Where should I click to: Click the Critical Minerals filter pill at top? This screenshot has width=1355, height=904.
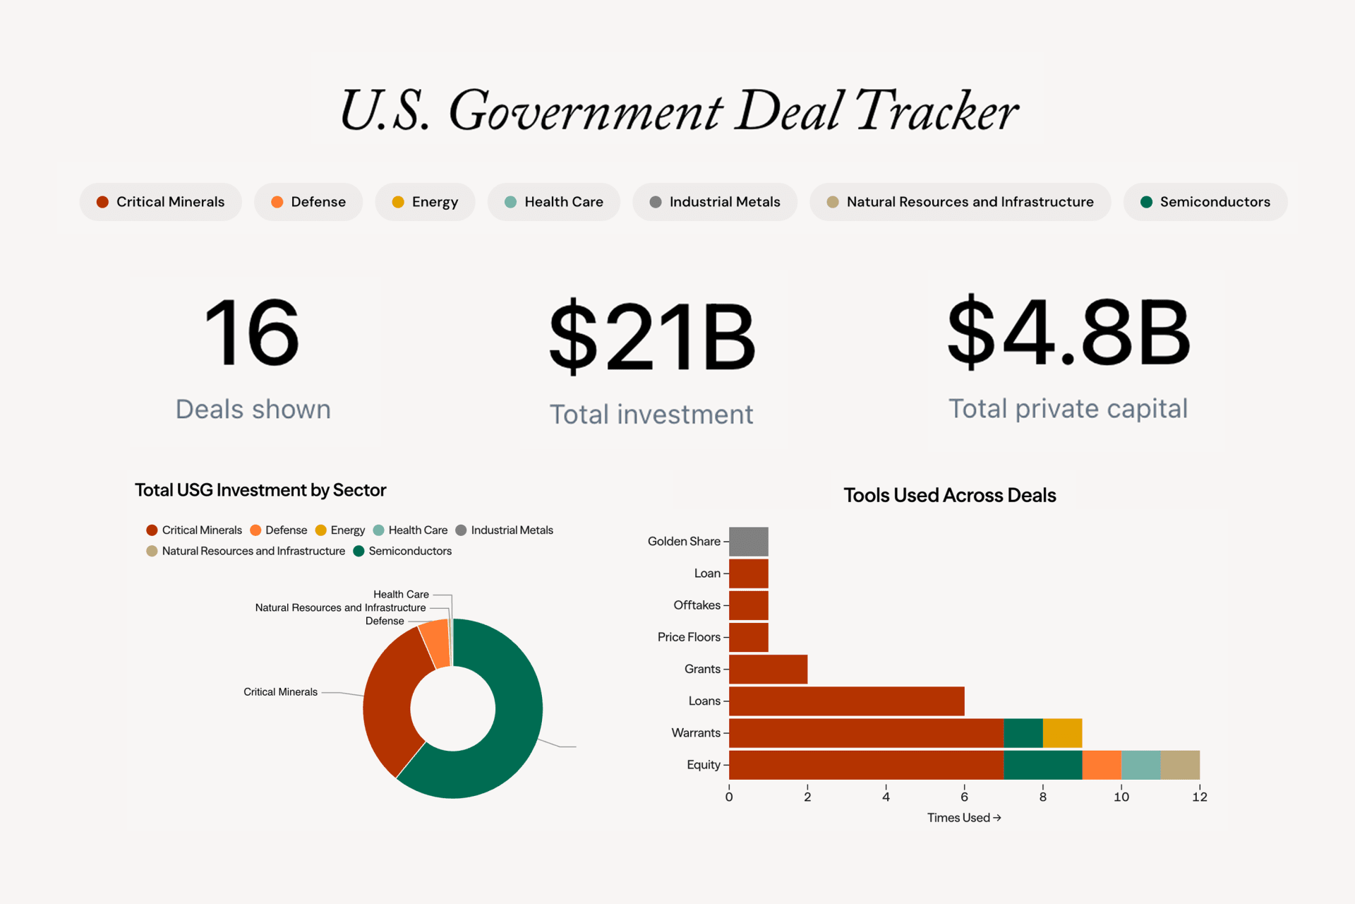click(x=161, y=202)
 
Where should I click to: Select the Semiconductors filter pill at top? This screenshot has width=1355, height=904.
click(x=1205, y=202)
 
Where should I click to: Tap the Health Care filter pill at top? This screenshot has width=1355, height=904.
click(x=554, y=202)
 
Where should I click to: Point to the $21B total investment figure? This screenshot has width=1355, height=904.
click(x=652, y=336)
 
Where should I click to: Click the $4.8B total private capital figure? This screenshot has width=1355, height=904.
click(x=1068, y=332)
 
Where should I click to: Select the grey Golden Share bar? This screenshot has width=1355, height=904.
click(x=748, y=542)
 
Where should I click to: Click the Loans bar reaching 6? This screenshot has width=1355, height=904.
click(x=846, y=701)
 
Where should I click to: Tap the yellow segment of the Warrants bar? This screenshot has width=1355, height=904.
click(x=1062, y=733)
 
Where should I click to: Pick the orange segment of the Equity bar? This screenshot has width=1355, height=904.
click(x=1101, y=765)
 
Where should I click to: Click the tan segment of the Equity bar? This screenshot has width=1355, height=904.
click(x=1179, y=765)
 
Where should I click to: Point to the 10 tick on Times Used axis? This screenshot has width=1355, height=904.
click(x=1121, y=797)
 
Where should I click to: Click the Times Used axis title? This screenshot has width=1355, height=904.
click(x=963, y=818)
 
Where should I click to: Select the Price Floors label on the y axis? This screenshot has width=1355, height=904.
click(x=688, y=637)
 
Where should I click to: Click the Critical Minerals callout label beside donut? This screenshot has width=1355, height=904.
click(x=280, y=692)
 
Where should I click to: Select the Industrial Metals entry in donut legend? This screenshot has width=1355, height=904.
click(x=511, y=530)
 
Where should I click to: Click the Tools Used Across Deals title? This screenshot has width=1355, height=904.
click(x=949, y=495)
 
